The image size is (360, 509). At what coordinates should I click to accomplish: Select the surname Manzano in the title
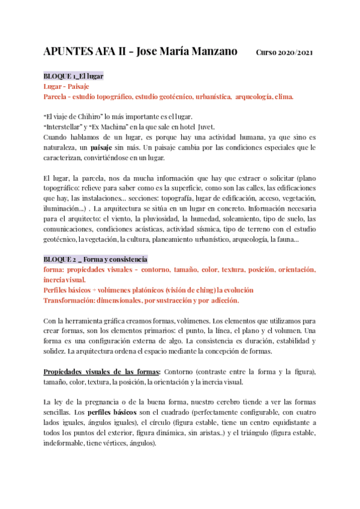(x=213, y=52)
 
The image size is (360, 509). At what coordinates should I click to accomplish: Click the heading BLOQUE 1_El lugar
(x=73, y=77)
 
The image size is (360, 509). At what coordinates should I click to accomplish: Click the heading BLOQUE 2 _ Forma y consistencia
(x=95, y=259)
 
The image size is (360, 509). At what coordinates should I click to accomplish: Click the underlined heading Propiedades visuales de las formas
(x=101, y=372)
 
